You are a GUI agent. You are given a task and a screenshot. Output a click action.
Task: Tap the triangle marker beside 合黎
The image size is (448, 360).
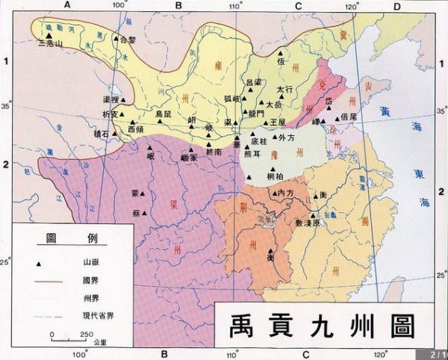pos(116,37)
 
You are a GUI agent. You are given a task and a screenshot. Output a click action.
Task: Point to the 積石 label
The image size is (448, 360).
pos(101,134)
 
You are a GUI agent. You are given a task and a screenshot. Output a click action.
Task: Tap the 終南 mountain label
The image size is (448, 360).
pos(214,152)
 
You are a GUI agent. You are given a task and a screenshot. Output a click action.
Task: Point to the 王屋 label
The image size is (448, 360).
pos(277,121)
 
